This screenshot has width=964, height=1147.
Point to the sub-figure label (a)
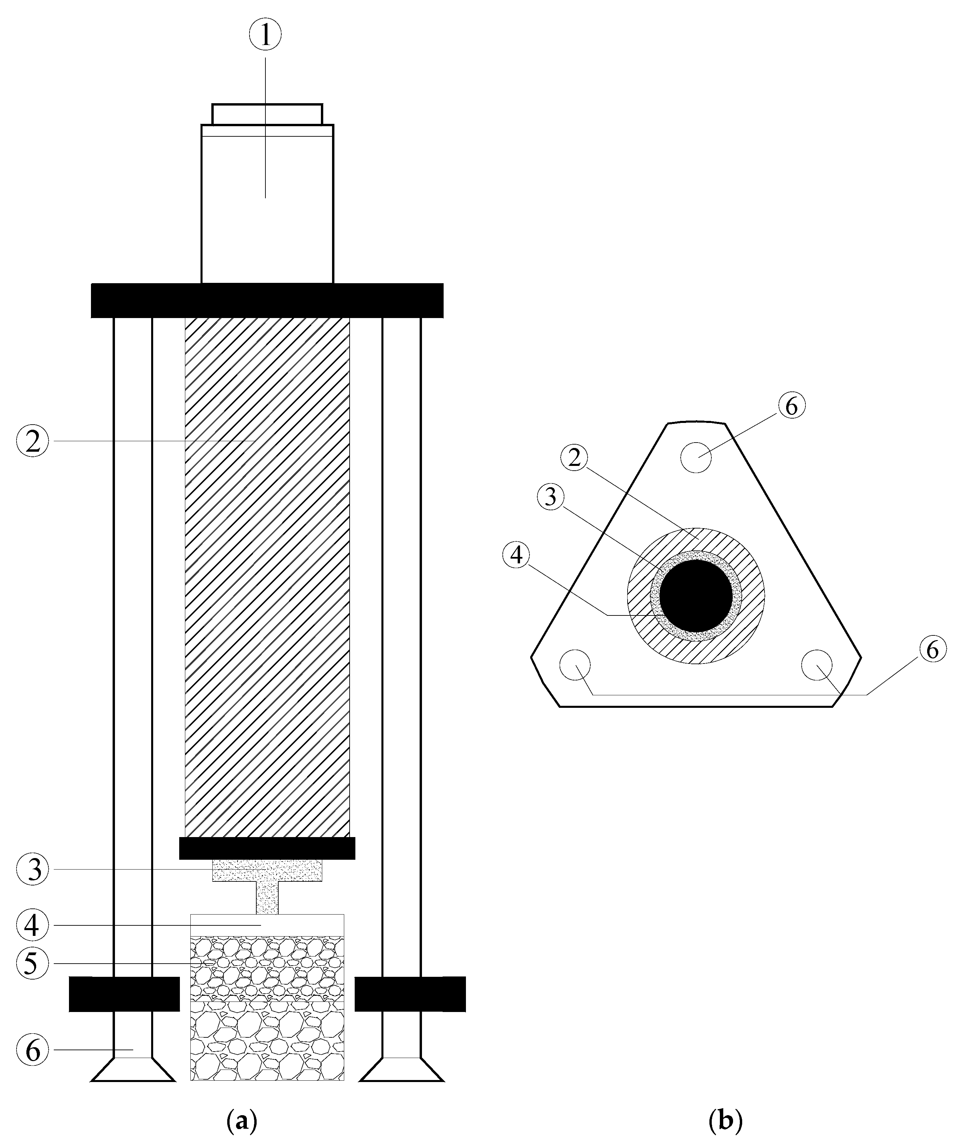click(x=241, y=1120)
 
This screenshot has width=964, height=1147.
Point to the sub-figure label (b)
click(x=725, y=1120)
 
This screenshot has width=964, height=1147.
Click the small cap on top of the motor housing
click(x=267, y=114)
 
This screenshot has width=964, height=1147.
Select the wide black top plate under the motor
click(x=267, y=301)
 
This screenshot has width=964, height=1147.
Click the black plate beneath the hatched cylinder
click(x=267, y=849)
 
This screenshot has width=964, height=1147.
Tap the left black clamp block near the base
click(x=124, y=994)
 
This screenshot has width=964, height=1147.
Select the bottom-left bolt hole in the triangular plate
click(x=575, y=665)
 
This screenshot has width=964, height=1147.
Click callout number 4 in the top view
click(x=516, y=556)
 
